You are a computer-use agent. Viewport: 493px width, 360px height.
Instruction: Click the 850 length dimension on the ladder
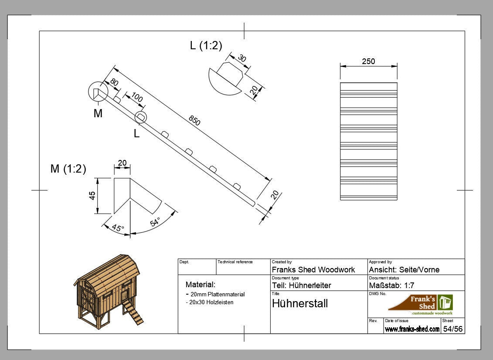click(194, 121)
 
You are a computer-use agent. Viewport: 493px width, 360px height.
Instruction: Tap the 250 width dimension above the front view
click(368, 61)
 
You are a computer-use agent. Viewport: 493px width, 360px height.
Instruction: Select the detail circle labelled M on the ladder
click(98, 92)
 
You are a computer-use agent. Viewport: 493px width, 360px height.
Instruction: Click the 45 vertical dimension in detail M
click(92, 196)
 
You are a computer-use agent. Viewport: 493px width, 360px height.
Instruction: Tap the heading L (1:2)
click(206, 45)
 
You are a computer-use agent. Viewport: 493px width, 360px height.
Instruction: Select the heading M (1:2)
click(68, 169)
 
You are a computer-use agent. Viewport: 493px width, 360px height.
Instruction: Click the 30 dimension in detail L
click(241, 59)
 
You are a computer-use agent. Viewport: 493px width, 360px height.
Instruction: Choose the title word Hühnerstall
click(299, 303)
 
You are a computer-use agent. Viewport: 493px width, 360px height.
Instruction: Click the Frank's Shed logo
click(420, 305)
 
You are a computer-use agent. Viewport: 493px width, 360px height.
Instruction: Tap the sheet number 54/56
click(452, 329)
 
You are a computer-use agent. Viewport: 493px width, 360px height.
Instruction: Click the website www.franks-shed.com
click(412, 329)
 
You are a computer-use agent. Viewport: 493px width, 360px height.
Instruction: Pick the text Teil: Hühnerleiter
click(301, 285)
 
